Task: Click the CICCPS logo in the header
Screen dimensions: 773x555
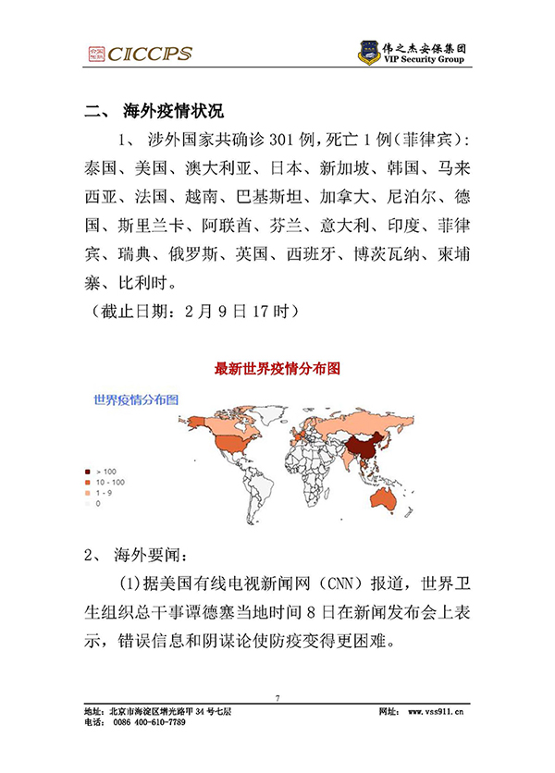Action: click(x=140, y=53)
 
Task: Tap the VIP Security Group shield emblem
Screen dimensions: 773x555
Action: click(x=370, y=53)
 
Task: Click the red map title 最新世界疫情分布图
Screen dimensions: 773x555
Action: click(x=277, y=369)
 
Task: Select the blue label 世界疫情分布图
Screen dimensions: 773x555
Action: click(x=135, y=400)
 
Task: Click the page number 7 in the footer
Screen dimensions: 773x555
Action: click(x=277, y=697)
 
